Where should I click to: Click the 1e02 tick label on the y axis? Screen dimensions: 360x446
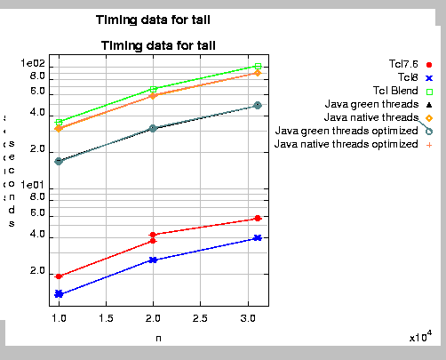tap(38, 66)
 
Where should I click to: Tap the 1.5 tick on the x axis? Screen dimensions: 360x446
tap(107, 317)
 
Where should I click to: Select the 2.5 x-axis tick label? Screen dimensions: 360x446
tap(200, 317)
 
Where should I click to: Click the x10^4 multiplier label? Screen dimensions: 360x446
tap(420, 336)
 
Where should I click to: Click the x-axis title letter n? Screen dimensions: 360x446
tap(158, 338)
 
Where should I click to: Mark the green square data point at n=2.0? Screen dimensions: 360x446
tap(154, 89)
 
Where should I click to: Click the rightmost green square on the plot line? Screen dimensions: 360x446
tap(258, 66)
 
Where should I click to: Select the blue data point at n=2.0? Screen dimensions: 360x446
tap(154, 260)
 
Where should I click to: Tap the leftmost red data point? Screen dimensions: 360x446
tap(60, 276)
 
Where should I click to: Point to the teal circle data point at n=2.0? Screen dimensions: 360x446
tap(154, 128)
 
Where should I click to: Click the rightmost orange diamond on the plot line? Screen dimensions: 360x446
tap(258, 73)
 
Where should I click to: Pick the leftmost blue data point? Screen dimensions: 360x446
tap(60, 293)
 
